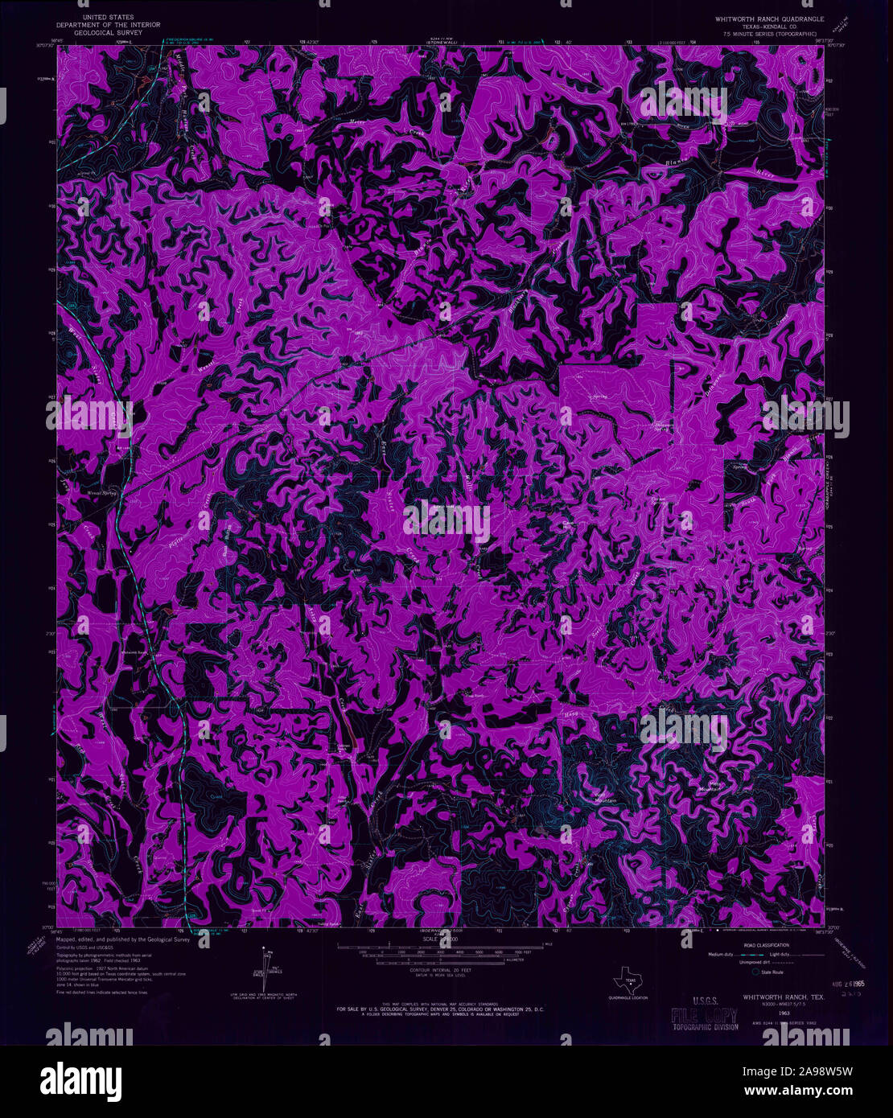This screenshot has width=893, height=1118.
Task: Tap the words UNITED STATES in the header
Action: point(113,17)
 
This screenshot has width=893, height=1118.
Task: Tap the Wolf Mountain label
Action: point(605,797)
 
